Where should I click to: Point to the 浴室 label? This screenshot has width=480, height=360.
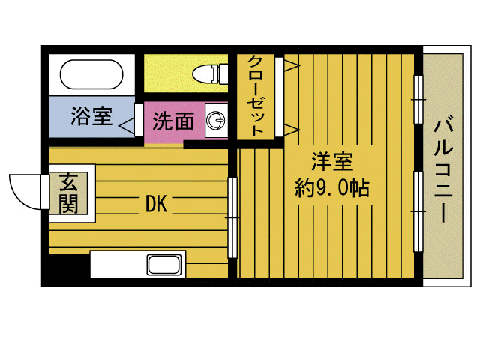91,117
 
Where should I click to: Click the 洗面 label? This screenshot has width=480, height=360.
173,121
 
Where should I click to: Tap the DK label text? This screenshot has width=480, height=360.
155,203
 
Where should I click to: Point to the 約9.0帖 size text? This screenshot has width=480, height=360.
332,187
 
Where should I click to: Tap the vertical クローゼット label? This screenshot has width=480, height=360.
256,96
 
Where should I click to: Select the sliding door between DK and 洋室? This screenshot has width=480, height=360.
232,217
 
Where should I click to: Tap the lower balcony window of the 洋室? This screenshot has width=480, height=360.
418,202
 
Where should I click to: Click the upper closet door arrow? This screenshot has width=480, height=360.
289,67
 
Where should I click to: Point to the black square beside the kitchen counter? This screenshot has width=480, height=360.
69,267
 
